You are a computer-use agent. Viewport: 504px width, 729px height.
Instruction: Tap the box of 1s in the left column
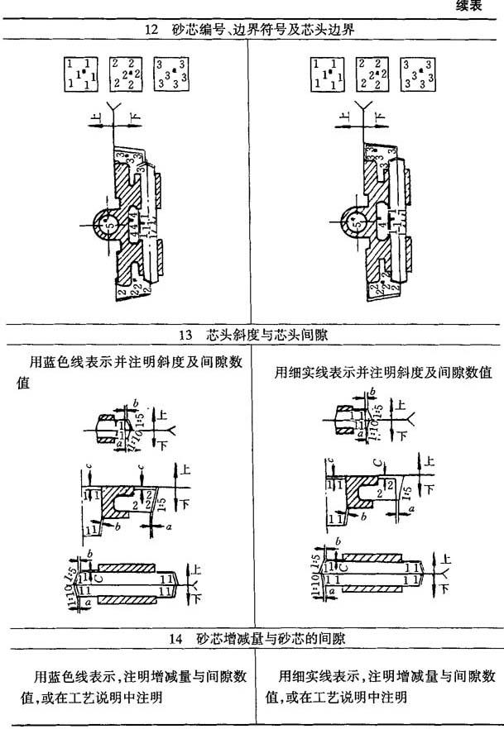pos(81,73)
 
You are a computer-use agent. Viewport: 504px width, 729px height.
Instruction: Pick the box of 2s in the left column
pos(125,73)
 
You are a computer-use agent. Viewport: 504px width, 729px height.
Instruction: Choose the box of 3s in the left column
pos(170,73)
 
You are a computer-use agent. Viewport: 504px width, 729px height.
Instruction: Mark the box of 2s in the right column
pos(372,73)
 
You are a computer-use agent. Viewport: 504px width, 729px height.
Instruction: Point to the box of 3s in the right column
pos(418,73)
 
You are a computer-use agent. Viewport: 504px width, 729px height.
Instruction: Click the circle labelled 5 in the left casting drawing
pos(107,223)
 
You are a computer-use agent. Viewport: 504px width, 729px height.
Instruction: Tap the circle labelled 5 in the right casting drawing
pos(354,223)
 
